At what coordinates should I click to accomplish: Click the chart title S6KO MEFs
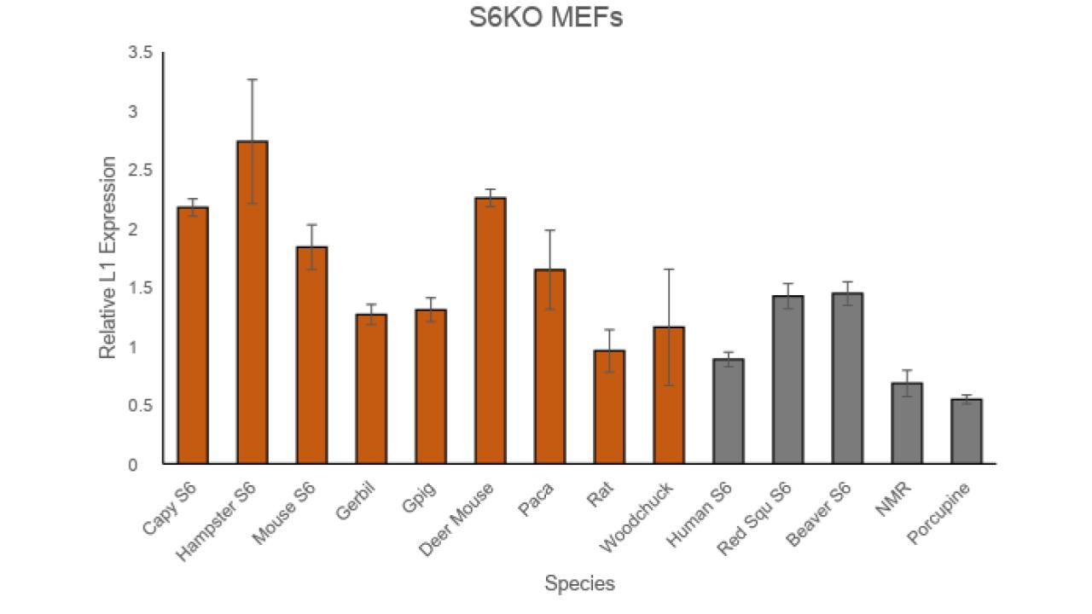(x=546, y=18)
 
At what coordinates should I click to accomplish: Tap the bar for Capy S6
(x=193, y=336)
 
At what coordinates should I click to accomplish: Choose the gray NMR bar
(x=907, y=424)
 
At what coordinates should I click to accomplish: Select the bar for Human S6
(x=729, y=412)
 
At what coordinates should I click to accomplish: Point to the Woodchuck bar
(x=669, y=396)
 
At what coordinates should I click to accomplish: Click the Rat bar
(x=609, y=408)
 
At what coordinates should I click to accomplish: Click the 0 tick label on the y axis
(x=133, y=466)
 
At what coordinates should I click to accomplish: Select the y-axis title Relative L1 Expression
(x=108, y=258)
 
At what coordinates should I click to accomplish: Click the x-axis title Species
(x=580, y=584)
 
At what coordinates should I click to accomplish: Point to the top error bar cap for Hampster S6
(x=253, y=79)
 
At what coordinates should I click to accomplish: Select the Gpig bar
(x=431, y=387)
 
